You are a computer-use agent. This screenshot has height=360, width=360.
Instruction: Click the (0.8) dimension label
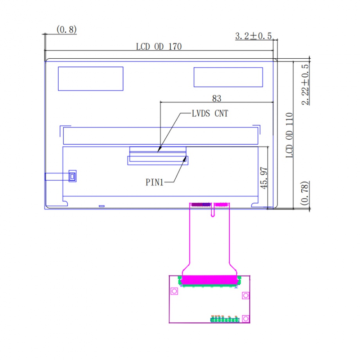click(67, 30)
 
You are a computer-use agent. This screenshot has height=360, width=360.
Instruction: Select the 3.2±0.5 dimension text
click(254, 36)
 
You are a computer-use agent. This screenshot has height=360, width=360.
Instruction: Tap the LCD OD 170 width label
click(159, 47)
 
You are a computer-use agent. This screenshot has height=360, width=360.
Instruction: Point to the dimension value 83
click(216, 99)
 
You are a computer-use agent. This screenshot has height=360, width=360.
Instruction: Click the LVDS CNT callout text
click(210, 113)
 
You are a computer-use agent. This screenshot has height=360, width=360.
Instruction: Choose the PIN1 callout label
click(154, 182)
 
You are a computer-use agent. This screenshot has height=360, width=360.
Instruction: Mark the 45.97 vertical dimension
click(264, 178)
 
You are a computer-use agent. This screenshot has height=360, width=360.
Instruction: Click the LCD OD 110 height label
click(289, 135)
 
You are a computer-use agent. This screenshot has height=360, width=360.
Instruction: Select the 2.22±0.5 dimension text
click(305, 85)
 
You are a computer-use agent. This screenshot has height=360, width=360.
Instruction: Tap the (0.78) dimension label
click(304, 193)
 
